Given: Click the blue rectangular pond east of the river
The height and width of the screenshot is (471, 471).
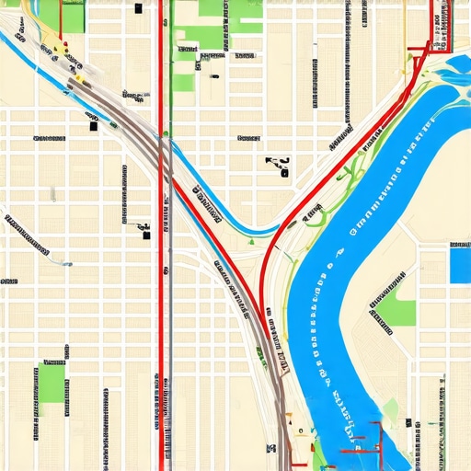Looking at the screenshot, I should (x=460, y=264).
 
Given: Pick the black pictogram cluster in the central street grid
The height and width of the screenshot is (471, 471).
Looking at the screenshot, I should (x=277, y=166).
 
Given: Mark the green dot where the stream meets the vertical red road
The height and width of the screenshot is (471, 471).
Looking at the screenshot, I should (x=165, y=135).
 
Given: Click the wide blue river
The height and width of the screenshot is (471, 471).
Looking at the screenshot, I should (x=331, y=304).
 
